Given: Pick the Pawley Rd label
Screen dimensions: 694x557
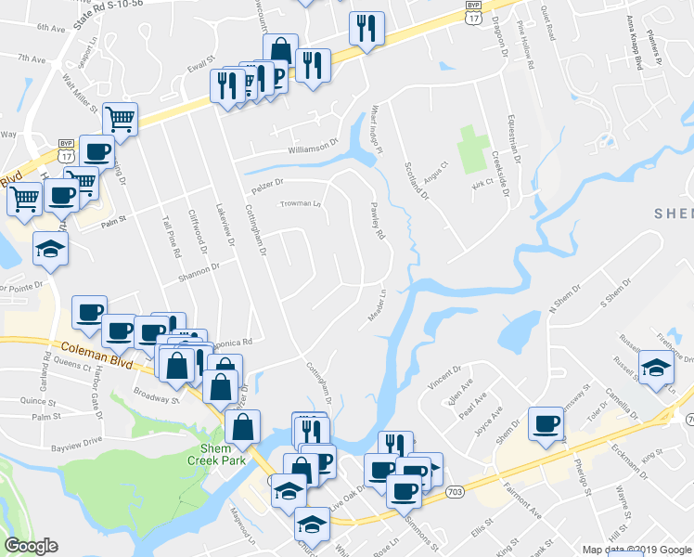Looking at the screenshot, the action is (377, 222).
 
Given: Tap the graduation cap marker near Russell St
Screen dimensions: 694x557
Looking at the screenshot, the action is (656, 367).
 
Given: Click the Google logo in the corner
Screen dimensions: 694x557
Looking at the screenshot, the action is (31, 546).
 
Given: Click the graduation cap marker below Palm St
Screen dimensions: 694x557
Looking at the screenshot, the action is (50, 248).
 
